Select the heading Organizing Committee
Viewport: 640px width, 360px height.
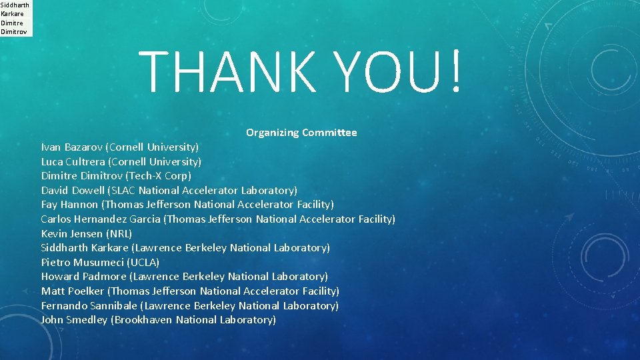pos(301,133)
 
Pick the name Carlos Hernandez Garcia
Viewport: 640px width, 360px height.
pos(101,219)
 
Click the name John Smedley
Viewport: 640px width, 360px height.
pos(74,320)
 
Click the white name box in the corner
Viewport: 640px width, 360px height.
pos(15,18)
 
